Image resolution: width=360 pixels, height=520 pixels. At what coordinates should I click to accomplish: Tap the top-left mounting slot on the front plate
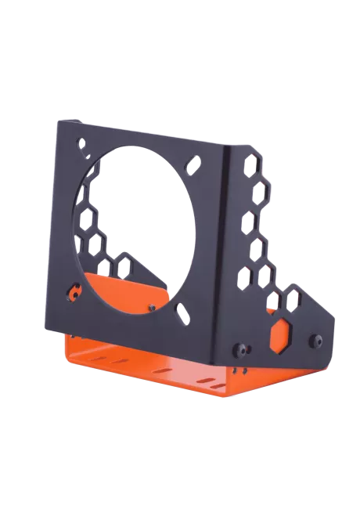tap(84, 145)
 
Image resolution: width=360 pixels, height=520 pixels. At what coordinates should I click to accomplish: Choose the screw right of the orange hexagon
tap(316, 340)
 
